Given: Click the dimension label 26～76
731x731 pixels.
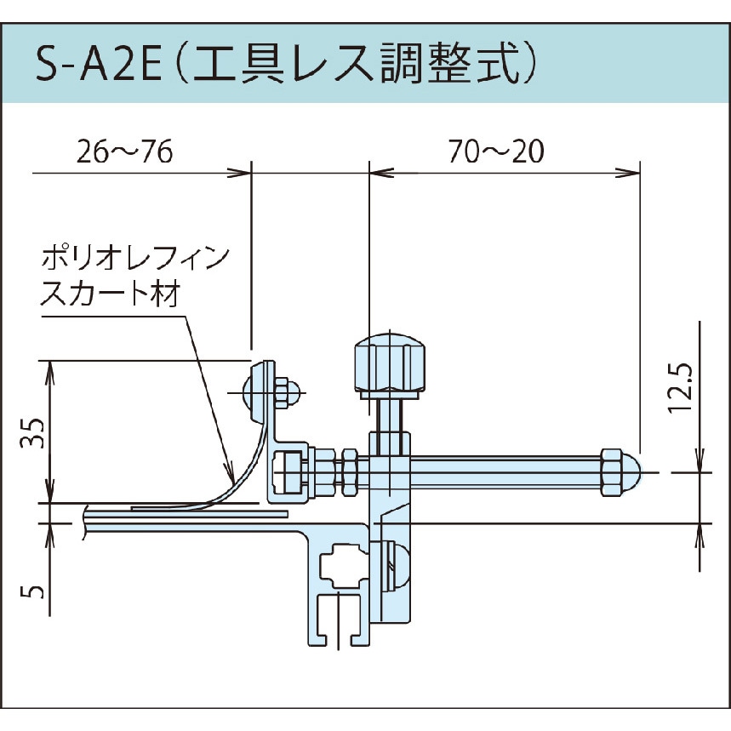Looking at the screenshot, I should click(124, 153).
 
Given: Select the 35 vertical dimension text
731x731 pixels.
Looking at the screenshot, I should click(27, 431).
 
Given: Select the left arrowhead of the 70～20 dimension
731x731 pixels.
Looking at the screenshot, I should click(380, 173).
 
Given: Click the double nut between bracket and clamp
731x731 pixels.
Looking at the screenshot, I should click(349, 471).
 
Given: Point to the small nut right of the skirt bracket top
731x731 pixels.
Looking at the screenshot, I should click(286, 393).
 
